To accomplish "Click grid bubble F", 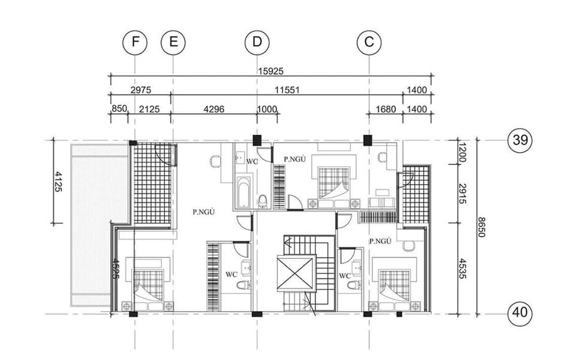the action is point(135,42).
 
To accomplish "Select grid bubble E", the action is point(173,42).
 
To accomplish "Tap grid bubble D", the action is point(257,42).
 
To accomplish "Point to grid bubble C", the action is point(369,42).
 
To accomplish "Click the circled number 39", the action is point(520,140).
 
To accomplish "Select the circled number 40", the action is point(520,313).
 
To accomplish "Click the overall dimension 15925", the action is point(271,71).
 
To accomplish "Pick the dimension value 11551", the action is point(287,90).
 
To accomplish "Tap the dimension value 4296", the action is point(214,109).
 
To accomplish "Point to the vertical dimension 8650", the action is point(481,227).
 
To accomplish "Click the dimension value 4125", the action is point(58,181).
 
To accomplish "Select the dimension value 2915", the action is point(462,193).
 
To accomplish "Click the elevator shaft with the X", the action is point(295,273).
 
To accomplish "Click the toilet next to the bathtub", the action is point(263,201).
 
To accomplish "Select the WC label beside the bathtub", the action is point(252,162).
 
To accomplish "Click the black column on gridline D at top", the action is point(257,140).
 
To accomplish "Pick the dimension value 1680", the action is point(386,109).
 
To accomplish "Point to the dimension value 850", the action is point(119,108).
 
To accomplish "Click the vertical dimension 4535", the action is point(462,268).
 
